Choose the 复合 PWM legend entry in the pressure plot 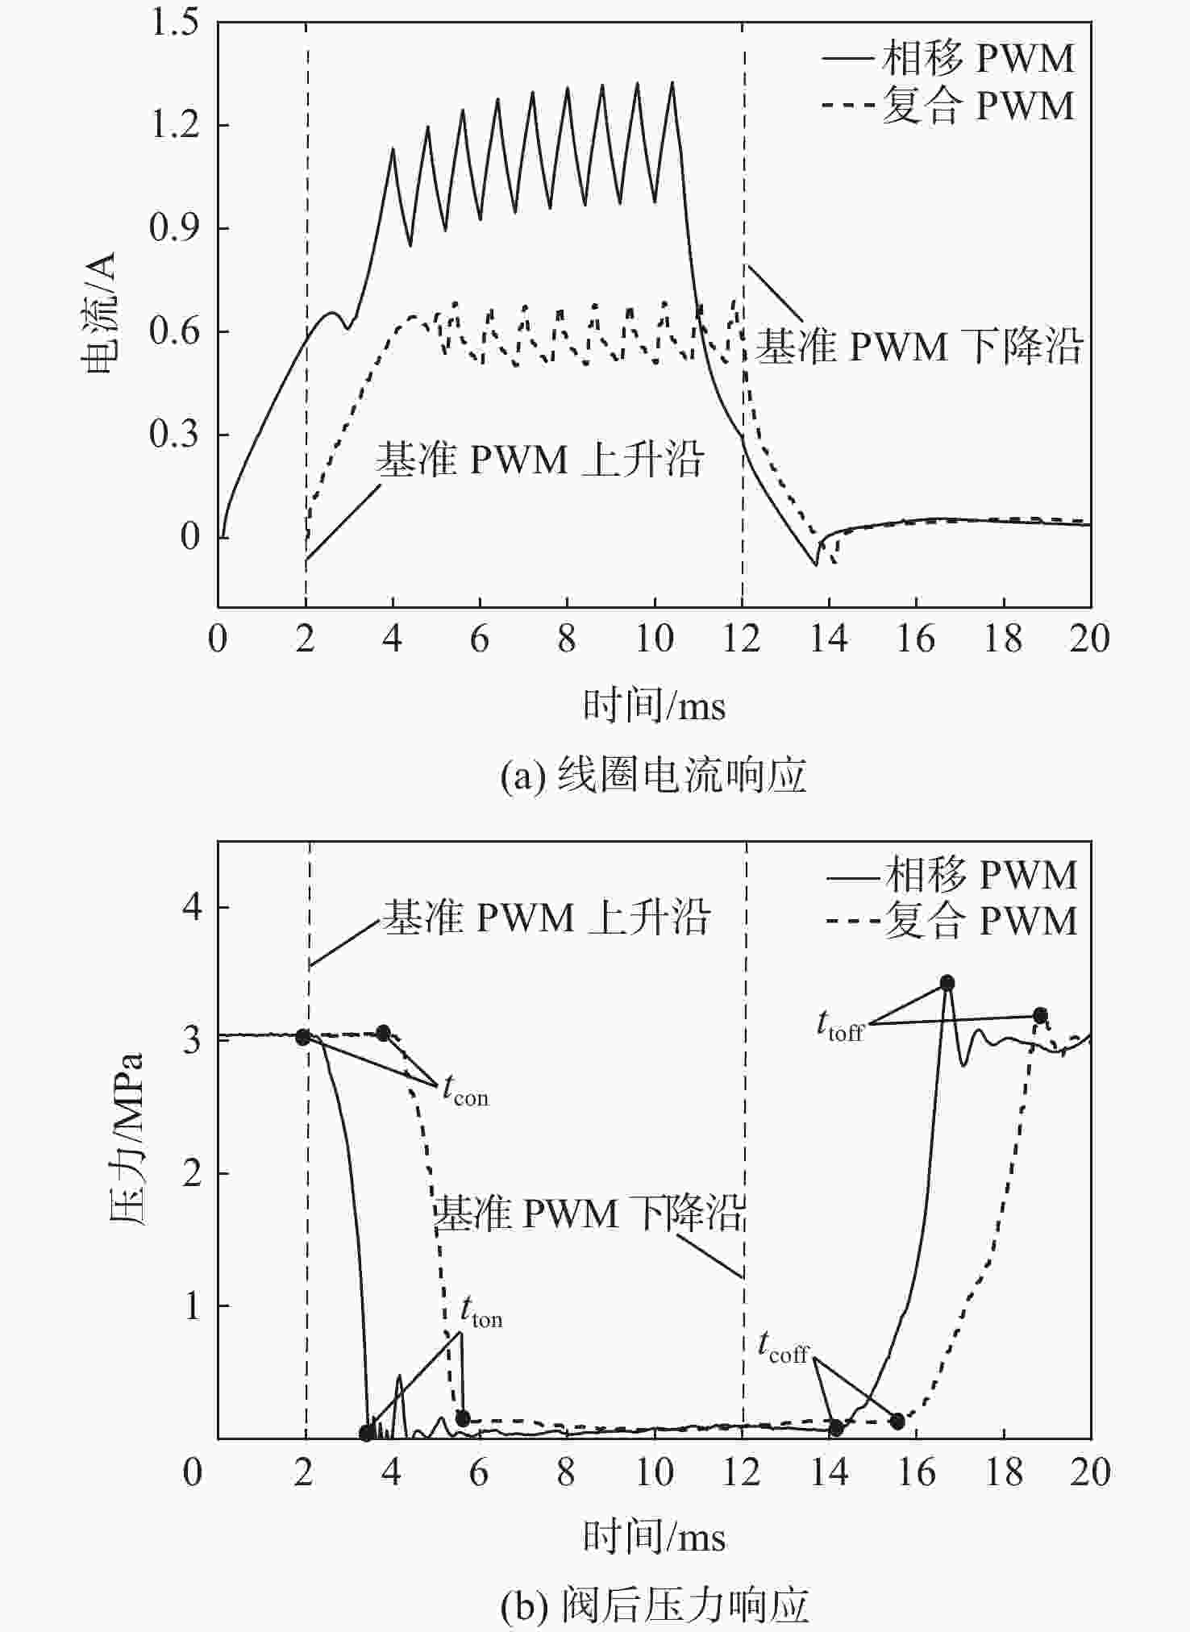tap(951, 921)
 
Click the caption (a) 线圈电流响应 tap(653, 776)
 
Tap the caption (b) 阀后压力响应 tap(654, 1605)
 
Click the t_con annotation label tap(465, 1091)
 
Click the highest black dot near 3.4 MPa tap(947, 983)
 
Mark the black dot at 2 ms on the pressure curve tap(303, 1037)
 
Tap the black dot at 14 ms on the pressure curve tap(836, 1428)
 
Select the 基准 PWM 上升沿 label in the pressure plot tap(546, 918)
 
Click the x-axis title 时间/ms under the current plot tap(654, 706)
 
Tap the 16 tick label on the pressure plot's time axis tap(917, 1473)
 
